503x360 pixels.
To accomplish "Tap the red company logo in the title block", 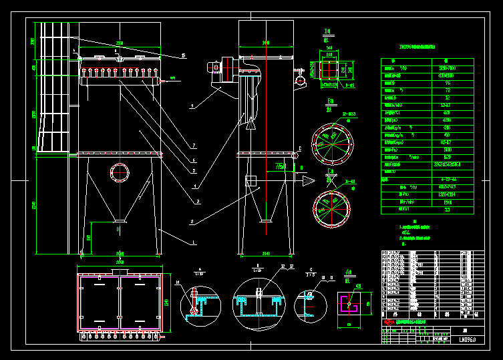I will coord(388,322).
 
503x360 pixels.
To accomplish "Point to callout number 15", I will coord(184,56).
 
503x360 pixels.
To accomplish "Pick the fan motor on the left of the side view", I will coord(215,67).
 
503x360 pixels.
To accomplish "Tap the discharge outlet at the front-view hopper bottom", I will coord(120,220).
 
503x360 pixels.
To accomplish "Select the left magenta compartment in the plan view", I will coord(100,301).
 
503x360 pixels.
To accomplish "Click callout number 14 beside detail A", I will coord(178,283).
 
